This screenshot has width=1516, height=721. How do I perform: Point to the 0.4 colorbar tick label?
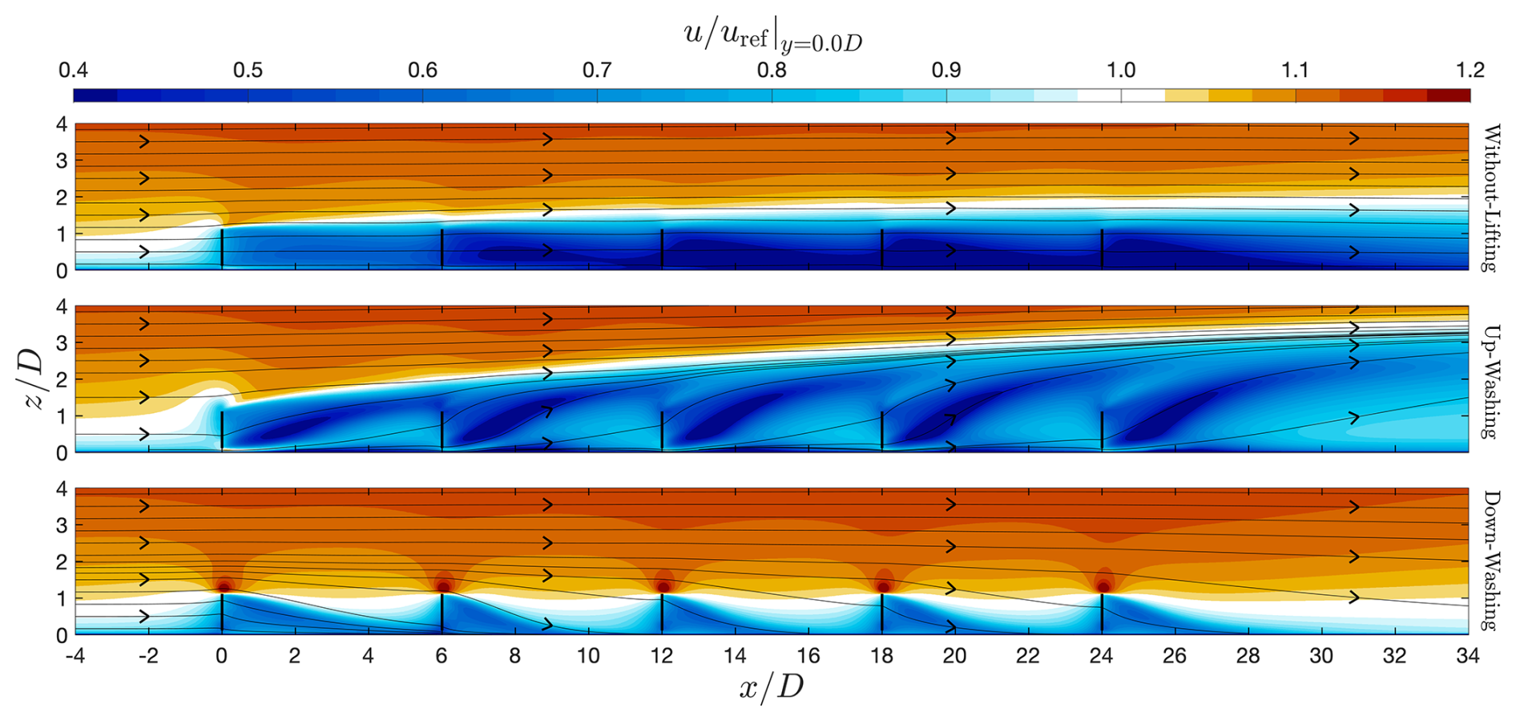(73, 71)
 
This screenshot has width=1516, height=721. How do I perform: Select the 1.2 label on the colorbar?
(1470, 71)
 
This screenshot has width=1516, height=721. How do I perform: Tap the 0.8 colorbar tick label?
(772, 71)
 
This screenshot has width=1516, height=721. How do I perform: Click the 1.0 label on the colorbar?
(1120, 71)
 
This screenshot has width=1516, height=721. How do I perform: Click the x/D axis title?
(771, 687)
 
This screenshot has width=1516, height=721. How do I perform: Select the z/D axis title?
(34, 380)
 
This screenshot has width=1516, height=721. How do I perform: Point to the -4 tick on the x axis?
(75, 656)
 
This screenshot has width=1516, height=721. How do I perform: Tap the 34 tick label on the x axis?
(1468, 656)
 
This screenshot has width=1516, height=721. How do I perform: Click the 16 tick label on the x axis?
(808, 656)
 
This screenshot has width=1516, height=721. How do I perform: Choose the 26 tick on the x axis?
(1175, 656)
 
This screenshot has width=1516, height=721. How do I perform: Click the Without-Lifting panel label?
(1490, 198)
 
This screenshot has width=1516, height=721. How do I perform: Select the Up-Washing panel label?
(1490, 381)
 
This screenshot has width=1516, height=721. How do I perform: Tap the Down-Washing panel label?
(1490, 561)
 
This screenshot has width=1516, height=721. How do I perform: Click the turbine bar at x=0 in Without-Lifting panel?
(222, 248)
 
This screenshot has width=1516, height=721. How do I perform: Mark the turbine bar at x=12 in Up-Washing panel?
(662, 431)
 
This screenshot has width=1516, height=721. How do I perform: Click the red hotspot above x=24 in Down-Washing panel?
(1103, 587)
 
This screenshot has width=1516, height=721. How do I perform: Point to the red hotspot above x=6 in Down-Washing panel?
(443, 587)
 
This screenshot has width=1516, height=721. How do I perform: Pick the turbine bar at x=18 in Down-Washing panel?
(882, 614)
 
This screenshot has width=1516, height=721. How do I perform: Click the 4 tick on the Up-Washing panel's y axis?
(61, 307)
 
